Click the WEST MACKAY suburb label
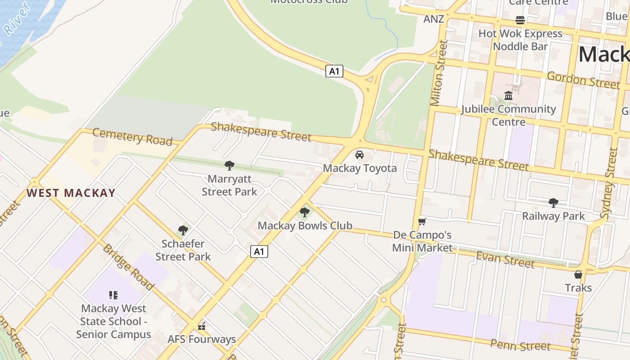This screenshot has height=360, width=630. click(71, 193)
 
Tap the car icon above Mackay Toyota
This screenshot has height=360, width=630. click(360, 155)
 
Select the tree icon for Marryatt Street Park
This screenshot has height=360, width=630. click(229, 166)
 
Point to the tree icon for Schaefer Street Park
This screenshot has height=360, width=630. click(183, 230)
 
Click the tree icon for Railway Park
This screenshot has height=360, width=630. click(553, 202)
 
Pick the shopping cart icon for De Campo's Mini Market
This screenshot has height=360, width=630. click(422, 221)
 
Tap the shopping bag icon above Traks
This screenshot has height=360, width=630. click(578, 274)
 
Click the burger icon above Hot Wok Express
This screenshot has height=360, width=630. click(520, 20)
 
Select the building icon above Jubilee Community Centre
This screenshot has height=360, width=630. click(508, 95)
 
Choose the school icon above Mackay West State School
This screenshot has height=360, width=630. click(113, 295)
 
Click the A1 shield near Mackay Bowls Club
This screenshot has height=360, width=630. click(259, 252)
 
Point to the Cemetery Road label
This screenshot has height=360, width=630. click(132, 137)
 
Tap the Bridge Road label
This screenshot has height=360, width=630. click(128, 267)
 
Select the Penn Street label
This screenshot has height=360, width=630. click(520, 345)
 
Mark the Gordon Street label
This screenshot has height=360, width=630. click(583, 80)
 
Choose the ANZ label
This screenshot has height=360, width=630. click(434, 19)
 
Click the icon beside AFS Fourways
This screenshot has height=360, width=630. click(202, 326)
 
